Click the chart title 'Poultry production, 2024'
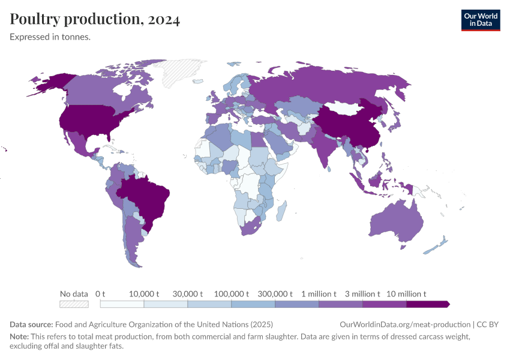tap(95, 19)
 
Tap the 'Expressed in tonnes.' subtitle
tap(50, 37)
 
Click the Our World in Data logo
tap(480, 20)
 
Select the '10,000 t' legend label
tap(144, 294)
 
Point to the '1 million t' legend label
tap(319, 294)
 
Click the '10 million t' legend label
tap(407, 294)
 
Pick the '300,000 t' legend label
tap(274, 294)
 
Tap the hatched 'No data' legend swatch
tap(74, 304)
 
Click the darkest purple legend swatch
tap(427, 304)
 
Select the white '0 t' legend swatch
tap(122, 304)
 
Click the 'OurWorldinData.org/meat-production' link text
tap(405, 325)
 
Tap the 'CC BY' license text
tap(488, 325)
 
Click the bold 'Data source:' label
tap(31, 325)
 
